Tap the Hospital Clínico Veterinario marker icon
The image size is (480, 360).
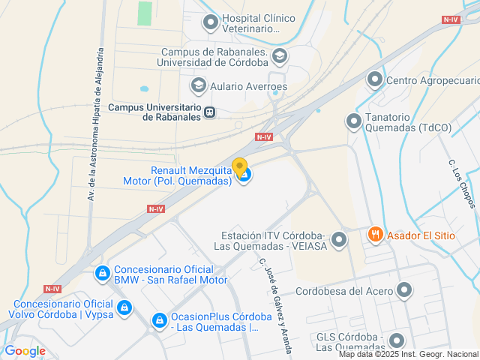(x=211, y=22)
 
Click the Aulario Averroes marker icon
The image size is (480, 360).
(x=199, y=85)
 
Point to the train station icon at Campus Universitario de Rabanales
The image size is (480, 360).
(x=210, y=112)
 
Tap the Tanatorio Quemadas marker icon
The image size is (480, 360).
(x=353, y=121)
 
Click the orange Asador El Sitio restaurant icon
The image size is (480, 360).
(x=376, y=235)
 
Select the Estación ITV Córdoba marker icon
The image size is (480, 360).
(x=340, y=240)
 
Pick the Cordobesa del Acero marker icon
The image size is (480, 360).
(x=405, y=290)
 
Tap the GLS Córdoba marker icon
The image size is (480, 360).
(x=396, y=340)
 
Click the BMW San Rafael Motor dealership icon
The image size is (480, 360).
(x=101, y=274)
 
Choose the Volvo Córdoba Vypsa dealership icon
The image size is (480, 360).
(x=124, y=307)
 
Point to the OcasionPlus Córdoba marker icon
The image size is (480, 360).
(x=159, y=321)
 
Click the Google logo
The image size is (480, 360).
(x=25, y=350)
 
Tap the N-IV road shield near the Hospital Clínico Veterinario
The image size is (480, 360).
(x=450, y=19)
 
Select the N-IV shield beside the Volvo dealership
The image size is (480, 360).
(x=52, y=289)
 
